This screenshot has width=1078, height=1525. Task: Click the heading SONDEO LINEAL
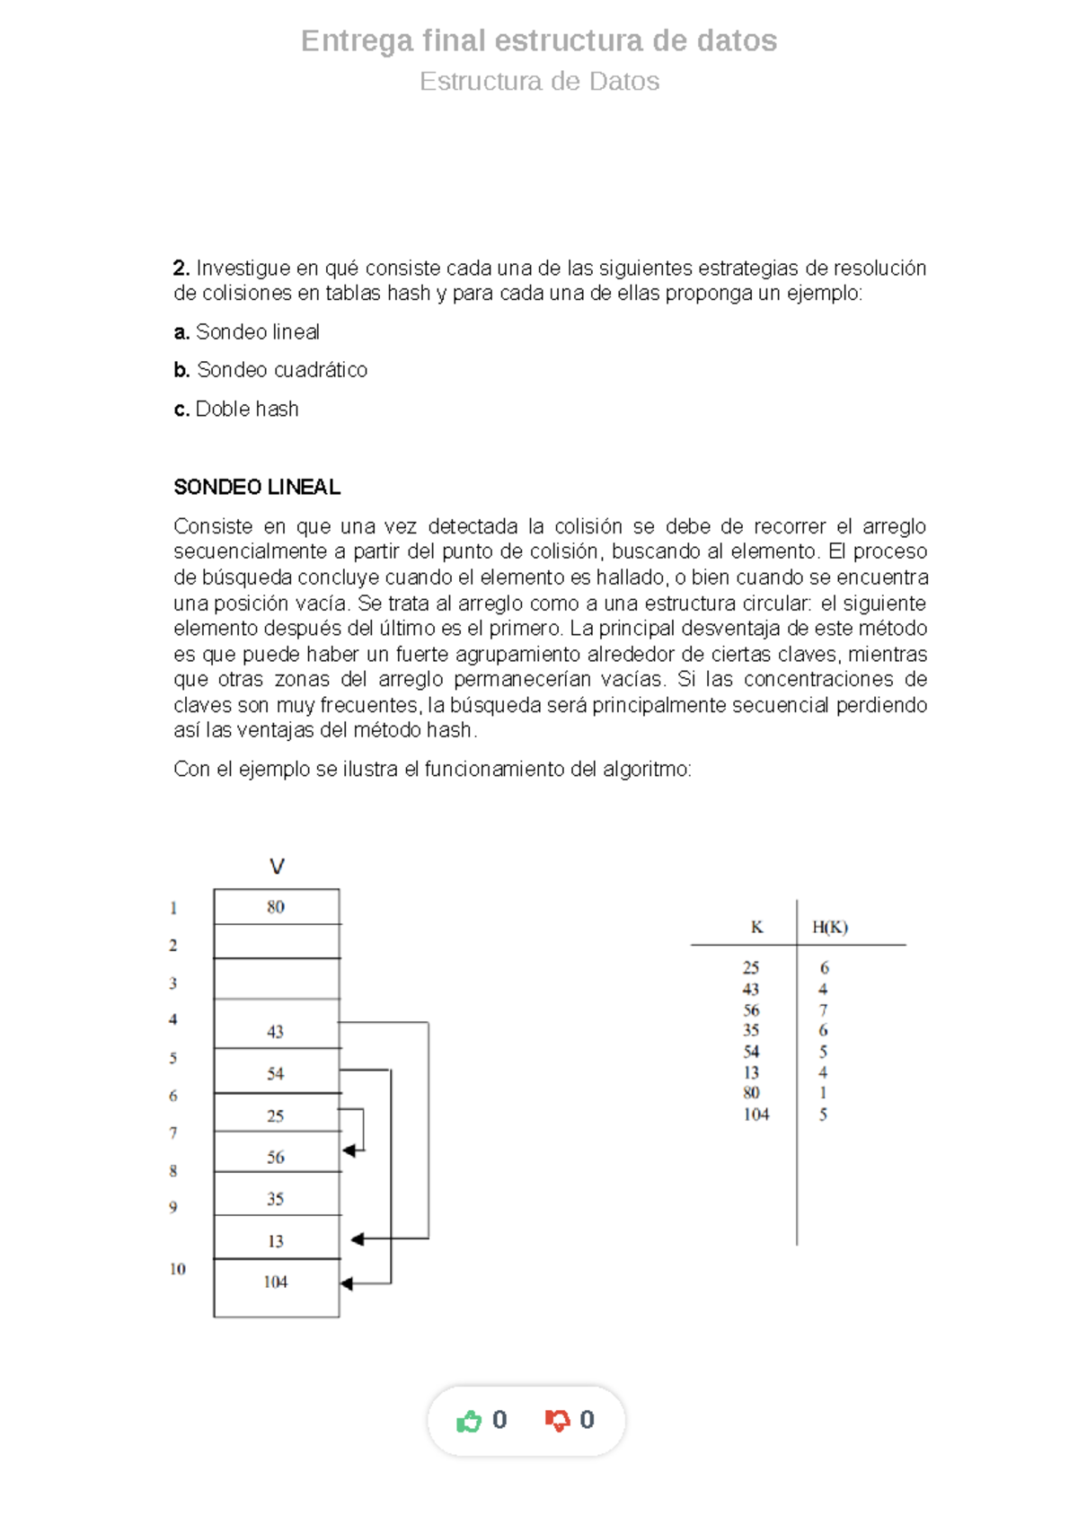[257, 488]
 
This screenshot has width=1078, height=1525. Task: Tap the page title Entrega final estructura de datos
[539, 40]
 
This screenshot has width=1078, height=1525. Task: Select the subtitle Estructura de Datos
[539, 82]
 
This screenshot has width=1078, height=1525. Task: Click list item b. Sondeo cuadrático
[270, 370]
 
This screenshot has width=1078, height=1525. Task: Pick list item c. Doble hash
[236, 410]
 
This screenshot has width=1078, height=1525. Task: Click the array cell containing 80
[276, 907]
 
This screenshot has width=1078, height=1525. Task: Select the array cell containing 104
[276, 1283]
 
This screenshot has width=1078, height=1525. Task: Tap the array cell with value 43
[276, 1032]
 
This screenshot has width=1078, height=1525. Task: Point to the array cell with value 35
[276, 1199]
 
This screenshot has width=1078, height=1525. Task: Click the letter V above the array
[277, 867]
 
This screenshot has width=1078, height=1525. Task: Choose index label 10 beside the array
[178, 1269]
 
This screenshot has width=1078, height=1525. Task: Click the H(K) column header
[830, 928]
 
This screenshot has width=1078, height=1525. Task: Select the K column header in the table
[757, 928]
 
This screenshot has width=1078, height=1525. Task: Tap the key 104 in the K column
[756, 1115]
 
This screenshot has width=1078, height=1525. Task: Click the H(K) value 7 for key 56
[823, 1010]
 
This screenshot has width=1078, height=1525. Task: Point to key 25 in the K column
[751, 968]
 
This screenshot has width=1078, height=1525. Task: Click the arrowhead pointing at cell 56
[349, 1150]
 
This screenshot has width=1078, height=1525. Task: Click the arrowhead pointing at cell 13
[357, 1239]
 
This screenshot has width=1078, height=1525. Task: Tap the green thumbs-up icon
[469, 1421]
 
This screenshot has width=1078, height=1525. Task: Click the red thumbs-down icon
[557, 1421]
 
